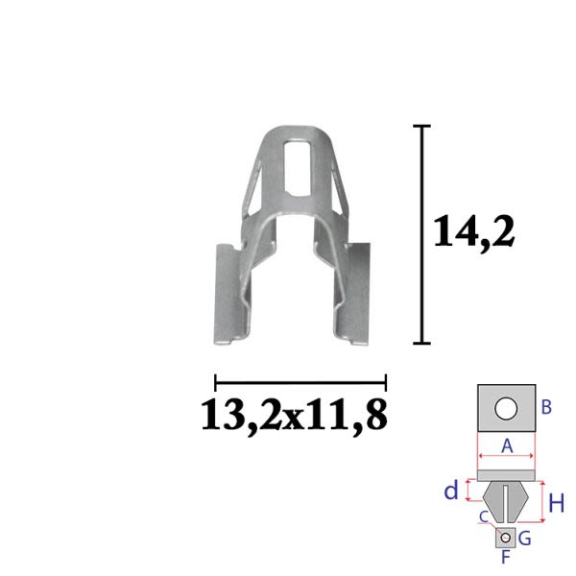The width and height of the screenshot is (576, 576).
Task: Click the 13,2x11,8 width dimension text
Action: click(295, 417)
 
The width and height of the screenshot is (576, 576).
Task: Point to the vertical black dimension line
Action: click(421, 235)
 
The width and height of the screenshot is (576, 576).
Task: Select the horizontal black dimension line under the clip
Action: click(300, 383)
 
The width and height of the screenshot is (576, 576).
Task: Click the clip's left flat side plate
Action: click(228, 294)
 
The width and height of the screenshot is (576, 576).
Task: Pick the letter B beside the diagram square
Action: click(546, 407)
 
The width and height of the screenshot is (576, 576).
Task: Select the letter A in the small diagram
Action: click(507, 446)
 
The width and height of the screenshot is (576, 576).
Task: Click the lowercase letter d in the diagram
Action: click(451, 491)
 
